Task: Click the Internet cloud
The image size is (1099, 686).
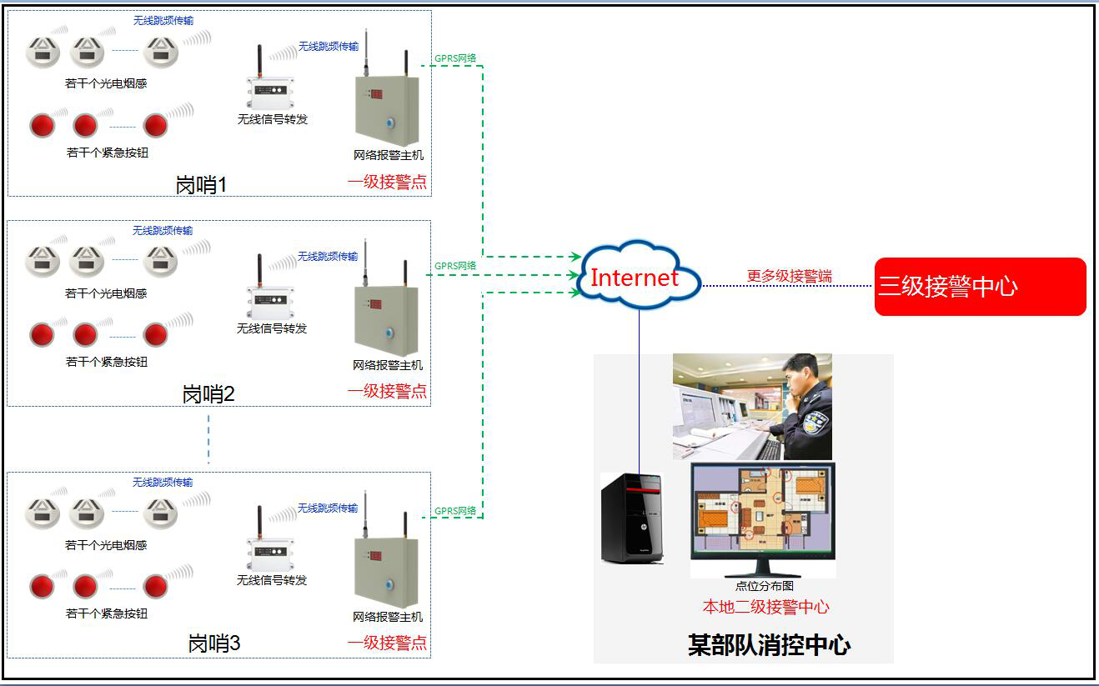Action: coord(635,276)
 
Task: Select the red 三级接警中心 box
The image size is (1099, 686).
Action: coord(980,287)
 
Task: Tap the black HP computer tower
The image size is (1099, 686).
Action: coord(632,518)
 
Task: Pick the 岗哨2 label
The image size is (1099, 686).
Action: coord(208,393)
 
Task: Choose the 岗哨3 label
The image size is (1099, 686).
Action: coord(214,644)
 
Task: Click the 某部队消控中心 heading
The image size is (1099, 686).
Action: coord(769,644)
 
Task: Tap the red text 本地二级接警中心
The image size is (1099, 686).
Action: coord(765,607)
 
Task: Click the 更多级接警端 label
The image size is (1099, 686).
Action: coord(789,276)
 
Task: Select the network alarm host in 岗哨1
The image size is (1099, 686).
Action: coord(387,108)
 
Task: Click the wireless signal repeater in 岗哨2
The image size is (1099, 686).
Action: coord(269,303)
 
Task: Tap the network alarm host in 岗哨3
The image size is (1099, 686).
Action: coord(387,571)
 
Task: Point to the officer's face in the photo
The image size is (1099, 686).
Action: coord(801,376)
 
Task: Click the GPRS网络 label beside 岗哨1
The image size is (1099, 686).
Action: coord(455,58)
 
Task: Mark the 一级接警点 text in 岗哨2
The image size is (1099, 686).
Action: coord(387,390)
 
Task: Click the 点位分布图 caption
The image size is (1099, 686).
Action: coord(764,587)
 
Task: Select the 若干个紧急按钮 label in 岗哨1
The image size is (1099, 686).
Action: coord(107,153)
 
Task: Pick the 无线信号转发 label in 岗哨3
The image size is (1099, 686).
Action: coord(272,580)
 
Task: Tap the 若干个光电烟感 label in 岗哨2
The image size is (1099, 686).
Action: coord(106,293)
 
